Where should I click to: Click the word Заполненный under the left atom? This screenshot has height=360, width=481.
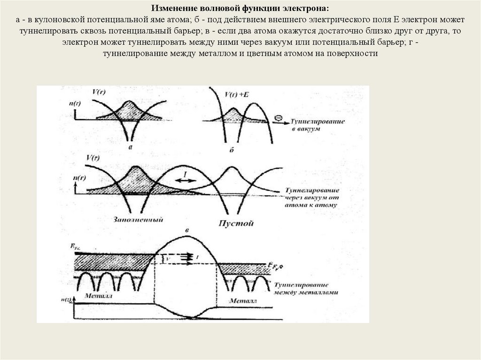point(138,220)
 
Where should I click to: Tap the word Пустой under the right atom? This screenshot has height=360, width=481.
point(236,223)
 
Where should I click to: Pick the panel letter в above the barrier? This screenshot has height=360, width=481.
point(187,231)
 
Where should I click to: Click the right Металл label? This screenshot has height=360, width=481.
point(243,299)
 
